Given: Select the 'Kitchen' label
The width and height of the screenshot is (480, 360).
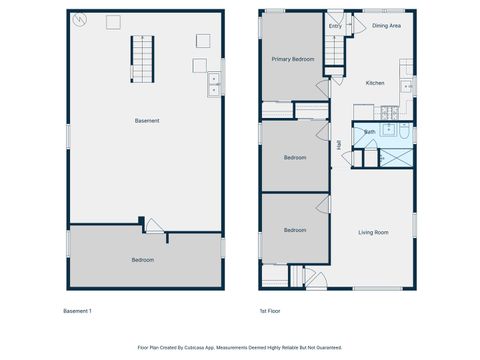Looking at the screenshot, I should pos(375,83).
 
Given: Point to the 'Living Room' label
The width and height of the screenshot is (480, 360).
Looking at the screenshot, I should pos(373,233).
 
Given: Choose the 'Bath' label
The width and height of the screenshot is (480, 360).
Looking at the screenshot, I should pos(369,132).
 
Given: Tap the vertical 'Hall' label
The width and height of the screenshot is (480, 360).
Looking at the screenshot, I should pos(340,145).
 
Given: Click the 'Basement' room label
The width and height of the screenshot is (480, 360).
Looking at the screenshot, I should pos(147,121).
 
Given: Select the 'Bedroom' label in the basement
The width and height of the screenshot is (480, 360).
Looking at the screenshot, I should pos(143,259).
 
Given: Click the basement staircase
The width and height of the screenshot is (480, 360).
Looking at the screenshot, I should pos(143,59).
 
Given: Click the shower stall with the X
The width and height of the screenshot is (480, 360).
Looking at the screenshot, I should pos(398,157).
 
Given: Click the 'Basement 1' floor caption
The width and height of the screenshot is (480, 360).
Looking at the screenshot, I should pos(77,311).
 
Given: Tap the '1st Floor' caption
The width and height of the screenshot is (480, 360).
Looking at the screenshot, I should pos(269,311).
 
